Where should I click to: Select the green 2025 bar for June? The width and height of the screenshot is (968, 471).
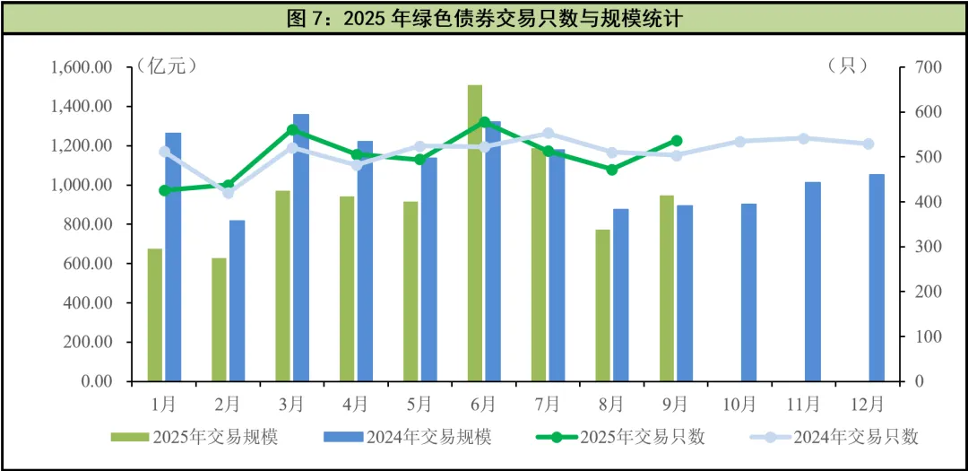point(475,233)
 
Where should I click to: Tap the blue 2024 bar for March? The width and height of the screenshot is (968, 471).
point(301,248)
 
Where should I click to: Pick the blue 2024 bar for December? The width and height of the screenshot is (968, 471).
point(877,277)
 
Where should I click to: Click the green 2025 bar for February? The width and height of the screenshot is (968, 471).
point(220,319)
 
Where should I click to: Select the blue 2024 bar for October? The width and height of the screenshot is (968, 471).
point(748,292)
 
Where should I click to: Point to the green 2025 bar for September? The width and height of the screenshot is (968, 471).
point(667,288)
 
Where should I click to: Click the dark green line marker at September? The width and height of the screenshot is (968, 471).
point(677,141)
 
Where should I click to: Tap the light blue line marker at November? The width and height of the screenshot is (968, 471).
point(804,138)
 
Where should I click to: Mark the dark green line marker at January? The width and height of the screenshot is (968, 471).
point(164,190)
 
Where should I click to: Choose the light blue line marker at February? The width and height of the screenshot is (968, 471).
point(228,193)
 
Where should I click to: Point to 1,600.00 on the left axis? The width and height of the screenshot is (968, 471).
point(82,67)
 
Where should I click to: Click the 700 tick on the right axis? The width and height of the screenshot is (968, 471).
point(927,67)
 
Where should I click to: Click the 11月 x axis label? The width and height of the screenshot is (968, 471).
point(804,404)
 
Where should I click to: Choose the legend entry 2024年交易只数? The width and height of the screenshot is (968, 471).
point(834,437)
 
